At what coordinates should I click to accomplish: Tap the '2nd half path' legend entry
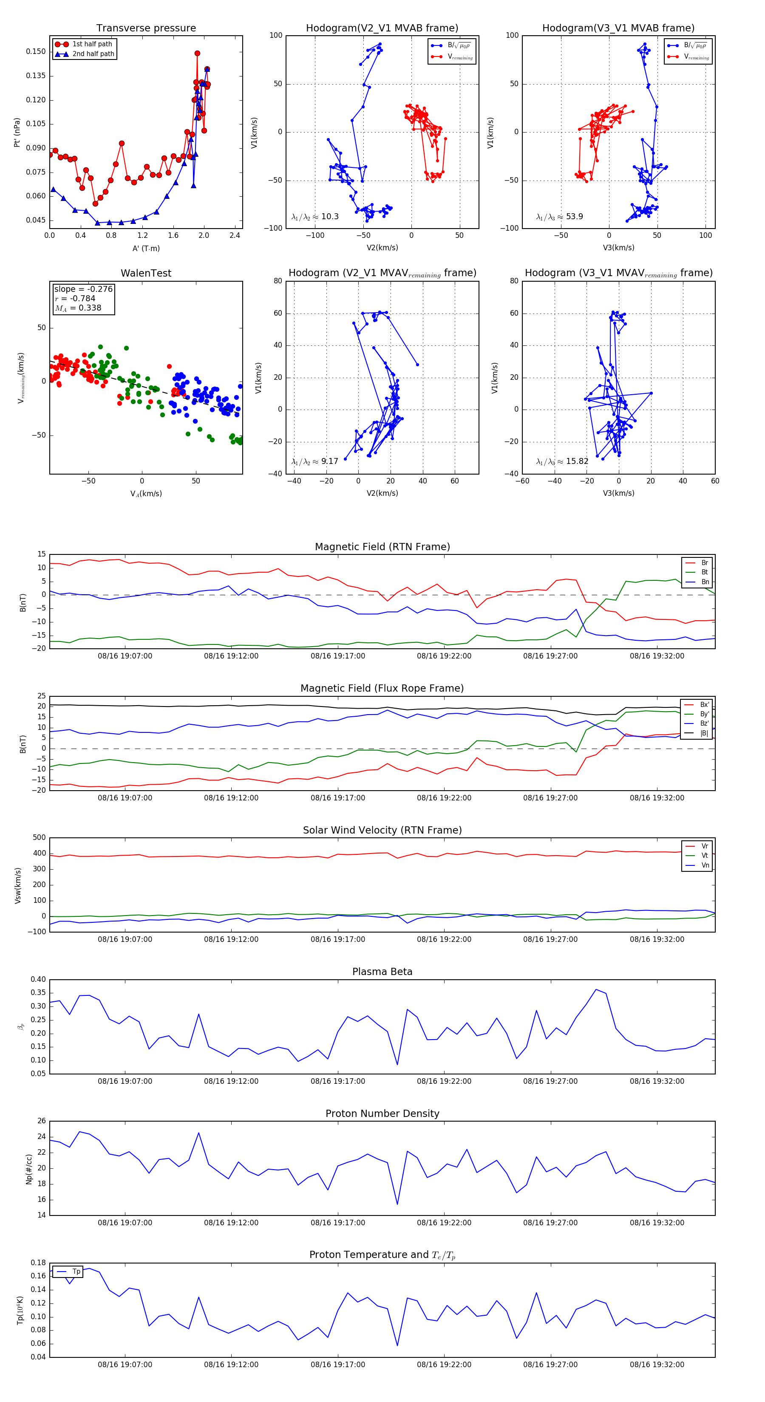[x=93, y=54]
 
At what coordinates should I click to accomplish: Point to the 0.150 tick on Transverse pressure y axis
[x=36, y=52]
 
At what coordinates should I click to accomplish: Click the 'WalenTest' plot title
[x=146, y=273]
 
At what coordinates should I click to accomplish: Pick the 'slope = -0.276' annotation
[x=83, y=289]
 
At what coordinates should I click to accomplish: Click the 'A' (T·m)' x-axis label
[x=146, y=249]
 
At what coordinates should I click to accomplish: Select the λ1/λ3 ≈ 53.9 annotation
[x=559, y=217]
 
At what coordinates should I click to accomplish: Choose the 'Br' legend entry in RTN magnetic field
[x=704, y=563]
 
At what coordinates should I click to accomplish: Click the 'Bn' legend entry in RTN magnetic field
[x=705, y=582]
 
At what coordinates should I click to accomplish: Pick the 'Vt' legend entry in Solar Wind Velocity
[x=705, y=856]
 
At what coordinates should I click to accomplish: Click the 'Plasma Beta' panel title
[x=382, y=972]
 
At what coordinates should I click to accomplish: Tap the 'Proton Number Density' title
[x=382, y=1114]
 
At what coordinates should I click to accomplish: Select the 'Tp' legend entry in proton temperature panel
[x=76, y=1272]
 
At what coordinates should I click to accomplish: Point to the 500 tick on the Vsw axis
[x=39, y=838]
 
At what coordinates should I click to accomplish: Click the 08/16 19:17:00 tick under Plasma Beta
[x=337, y=1081]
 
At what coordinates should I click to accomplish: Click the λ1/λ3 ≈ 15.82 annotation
[x=562, y=461]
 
